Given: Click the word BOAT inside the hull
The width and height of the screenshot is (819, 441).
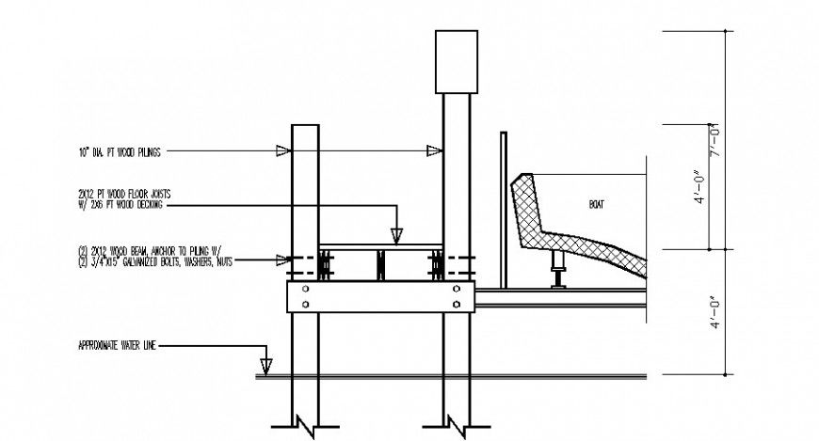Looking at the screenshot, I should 597,204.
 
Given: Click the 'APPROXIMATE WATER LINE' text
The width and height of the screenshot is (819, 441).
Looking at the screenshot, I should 116,346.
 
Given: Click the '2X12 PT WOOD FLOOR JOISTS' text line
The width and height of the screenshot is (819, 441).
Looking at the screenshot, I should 132,194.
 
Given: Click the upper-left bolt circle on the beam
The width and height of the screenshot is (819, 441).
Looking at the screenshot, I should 305,290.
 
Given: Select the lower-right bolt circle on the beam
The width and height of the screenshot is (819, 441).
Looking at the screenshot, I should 458,305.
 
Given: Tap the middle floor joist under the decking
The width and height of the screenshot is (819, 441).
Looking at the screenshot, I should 381,264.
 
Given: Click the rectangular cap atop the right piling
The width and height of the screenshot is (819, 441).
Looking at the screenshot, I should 457,61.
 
